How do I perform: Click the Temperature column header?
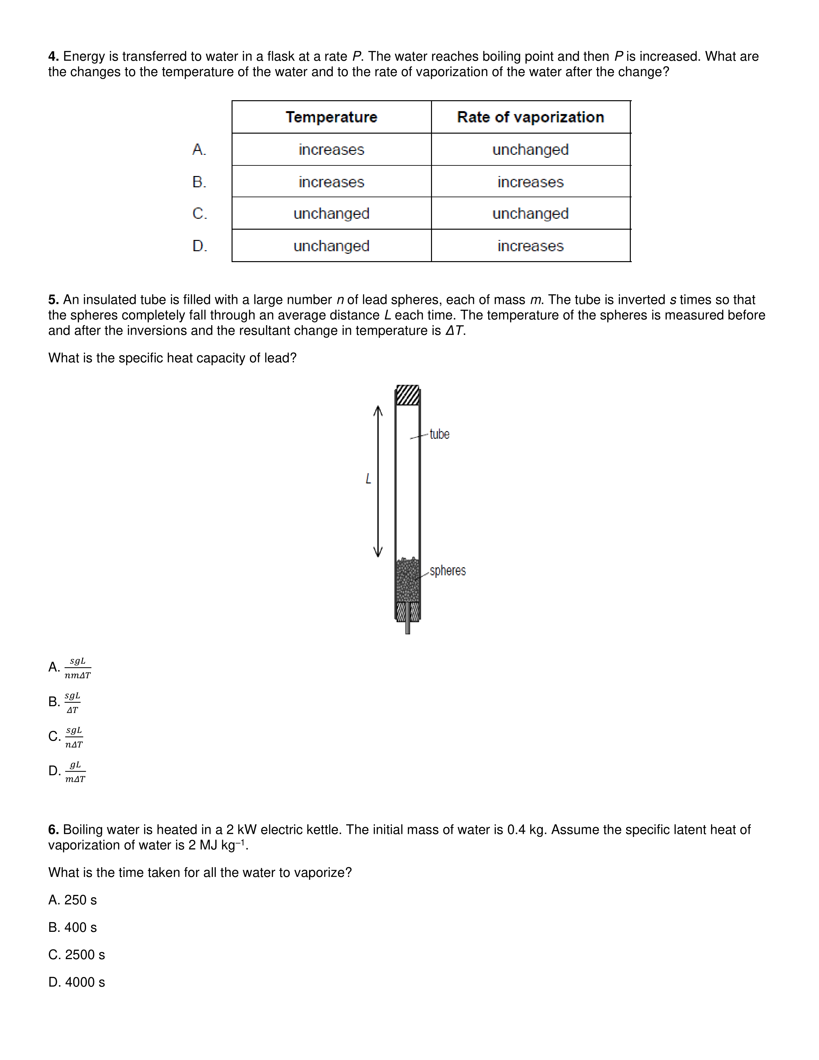[331, 117]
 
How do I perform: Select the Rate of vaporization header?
[530, 117]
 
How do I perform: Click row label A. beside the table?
[199, 149]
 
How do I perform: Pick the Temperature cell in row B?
[331, 182]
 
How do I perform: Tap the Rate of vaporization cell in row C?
[530, 214]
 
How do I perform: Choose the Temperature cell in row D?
[331, 246]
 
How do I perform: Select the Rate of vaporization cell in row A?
[530, 149]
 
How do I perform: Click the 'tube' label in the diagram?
[440, 434]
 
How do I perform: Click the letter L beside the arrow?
[368, 479]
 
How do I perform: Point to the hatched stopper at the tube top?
[408, 395]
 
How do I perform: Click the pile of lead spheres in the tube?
[408, 580]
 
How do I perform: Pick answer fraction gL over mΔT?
[75, 772]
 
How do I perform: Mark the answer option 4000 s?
[77, 982]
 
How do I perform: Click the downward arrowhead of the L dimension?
[378, 552]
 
